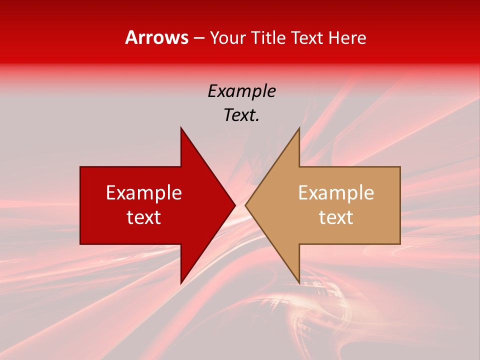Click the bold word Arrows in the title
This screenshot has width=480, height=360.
(157, 37)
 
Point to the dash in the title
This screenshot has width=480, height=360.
(198, 38)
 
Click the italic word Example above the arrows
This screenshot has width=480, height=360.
(242, 91)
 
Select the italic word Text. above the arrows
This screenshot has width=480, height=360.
(242, 115)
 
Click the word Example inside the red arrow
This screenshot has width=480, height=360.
(144, 193)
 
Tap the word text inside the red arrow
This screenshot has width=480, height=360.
(144, 217)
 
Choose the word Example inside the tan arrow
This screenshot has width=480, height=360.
(336, 193)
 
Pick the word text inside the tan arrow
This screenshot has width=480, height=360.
(336, 217)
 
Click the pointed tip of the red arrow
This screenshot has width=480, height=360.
(234, 205)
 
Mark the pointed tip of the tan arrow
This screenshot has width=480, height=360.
(246, 205)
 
